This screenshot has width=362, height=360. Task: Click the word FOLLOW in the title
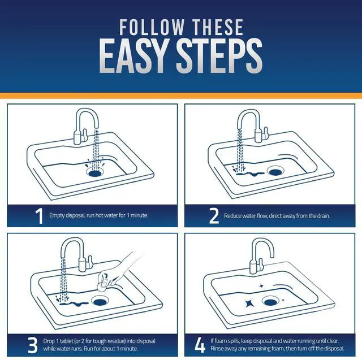152,27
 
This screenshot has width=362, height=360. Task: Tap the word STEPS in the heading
219,56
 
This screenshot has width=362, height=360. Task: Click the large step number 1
40,216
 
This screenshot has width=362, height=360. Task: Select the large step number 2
214,216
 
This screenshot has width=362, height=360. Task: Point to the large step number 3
33,345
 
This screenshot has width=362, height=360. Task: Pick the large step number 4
200,345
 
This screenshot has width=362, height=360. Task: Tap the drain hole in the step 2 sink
275,172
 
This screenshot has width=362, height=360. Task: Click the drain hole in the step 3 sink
100,302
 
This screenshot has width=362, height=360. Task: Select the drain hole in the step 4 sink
270,302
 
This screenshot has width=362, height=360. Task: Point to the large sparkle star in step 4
249,303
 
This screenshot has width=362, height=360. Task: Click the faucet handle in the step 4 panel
261,264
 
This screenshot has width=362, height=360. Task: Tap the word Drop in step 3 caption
49,341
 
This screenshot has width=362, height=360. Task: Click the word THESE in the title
218,27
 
